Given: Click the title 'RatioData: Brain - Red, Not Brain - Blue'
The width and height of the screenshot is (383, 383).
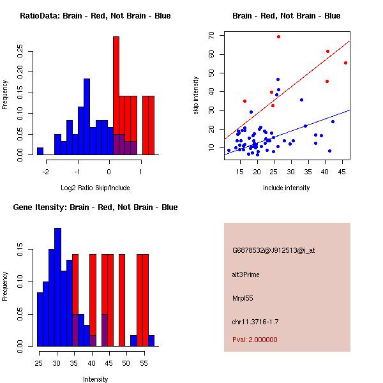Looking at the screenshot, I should tap(94, 16).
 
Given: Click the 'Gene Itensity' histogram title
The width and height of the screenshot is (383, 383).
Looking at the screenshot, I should tap(94, 207).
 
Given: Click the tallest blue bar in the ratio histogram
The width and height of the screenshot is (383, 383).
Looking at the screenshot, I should tap(87, 115).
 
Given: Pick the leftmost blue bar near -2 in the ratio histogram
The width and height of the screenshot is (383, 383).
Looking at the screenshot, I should tap(40, 151).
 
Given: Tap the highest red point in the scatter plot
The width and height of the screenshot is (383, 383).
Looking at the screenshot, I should tap(278, 36).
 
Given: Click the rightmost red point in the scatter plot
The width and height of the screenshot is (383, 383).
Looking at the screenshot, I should tap(345, 63).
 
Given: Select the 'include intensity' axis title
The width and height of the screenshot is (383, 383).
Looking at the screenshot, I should tap(287, 188).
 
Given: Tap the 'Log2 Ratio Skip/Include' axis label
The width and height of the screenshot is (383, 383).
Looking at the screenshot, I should tap(95, 188).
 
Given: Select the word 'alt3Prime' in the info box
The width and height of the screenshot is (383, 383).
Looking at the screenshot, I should tap(246, 275).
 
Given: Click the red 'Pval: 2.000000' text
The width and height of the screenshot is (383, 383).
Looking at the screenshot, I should tap(255, 340).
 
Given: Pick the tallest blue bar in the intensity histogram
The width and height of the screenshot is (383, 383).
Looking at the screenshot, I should tap(57, 287).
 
